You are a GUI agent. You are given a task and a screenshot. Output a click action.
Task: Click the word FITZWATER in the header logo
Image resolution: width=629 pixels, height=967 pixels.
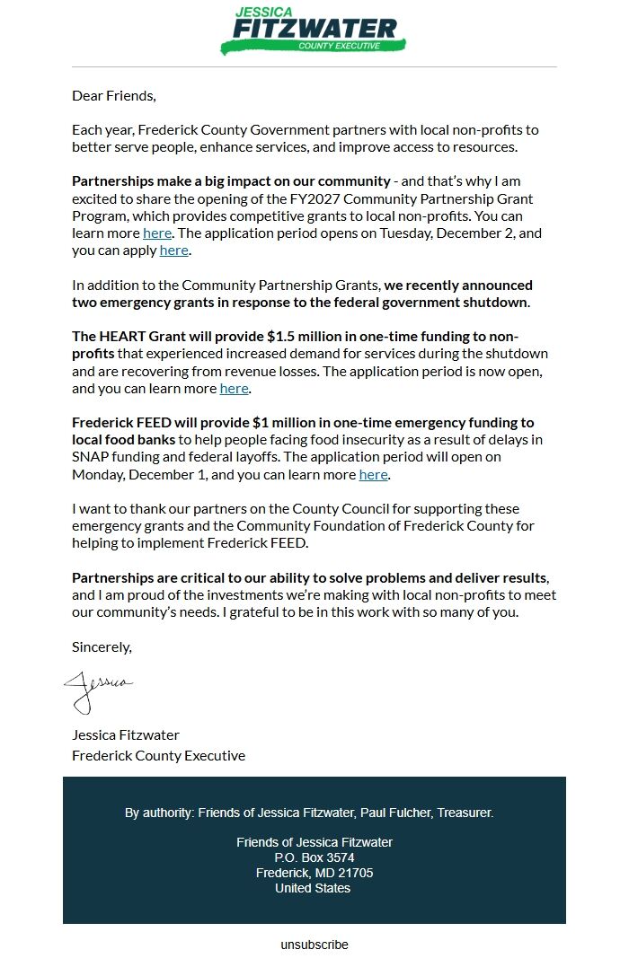click(314, 30)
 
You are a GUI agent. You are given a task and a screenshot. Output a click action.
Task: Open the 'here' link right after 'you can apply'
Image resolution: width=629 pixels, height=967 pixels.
click(173, 251)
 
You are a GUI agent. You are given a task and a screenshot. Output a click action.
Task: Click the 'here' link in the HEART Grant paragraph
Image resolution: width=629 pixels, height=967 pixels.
click(234, 388)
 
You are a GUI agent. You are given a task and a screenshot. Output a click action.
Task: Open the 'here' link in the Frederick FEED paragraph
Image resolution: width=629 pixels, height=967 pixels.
click(373, 474)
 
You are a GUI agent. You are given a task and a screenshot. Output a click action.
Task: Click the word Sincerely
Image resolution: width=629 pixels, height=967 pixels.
click(102, 646)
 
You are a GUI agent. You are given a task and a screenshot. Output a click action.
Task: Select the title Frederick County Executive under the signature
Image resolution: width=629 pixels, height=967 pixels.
click(158, 755)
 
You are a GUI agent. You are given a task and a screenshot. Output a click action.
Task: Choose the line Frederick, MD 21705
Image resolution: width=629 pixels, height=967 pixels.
click(314, 873)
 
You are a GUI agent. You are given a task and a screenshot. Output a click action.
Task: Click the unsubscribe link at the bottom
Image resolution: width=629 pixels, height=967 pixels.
click(314, 945)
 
